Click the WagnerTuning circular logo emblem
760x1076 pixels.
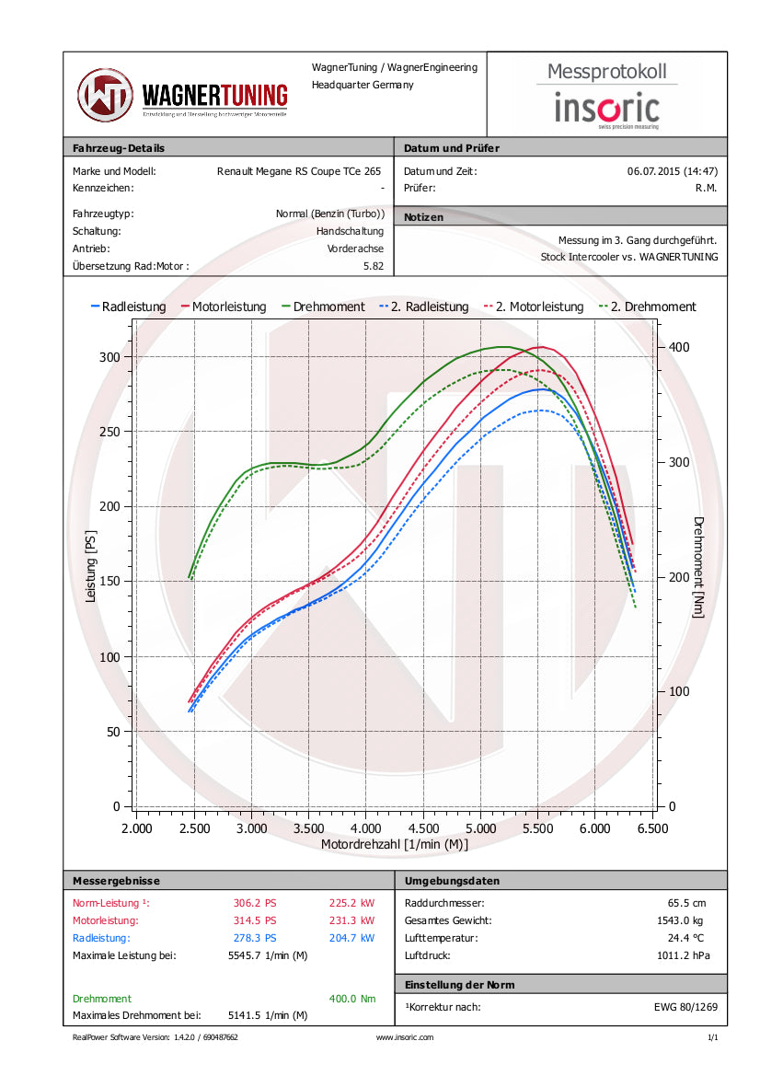[x=105, y=95]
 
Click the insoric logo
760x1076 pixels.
[x=606, y=109]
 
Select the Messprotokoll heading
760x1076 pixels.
[x=606, y=71]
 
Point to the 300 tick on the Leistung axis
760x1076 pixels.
[x=109, y=356]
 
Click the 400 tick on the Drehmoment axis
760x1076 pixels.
[x=678, y=347]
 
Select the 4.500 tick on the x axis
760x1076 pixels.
[x=423, y=828]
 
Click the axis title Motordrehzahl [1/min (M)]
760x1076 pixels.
[x=395, y=844]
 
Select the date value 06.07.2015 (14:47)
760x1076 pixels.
[x=672, y=171]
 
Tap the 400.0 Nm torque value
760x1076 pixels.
[x=351, y=999]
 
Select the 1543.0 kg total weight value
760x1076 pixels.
[x=685, y=920]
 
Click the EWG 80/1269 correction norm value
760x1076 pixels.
[x=679, y=1007]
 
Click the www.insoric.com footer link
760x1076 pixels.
[x=405, y=1037]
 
